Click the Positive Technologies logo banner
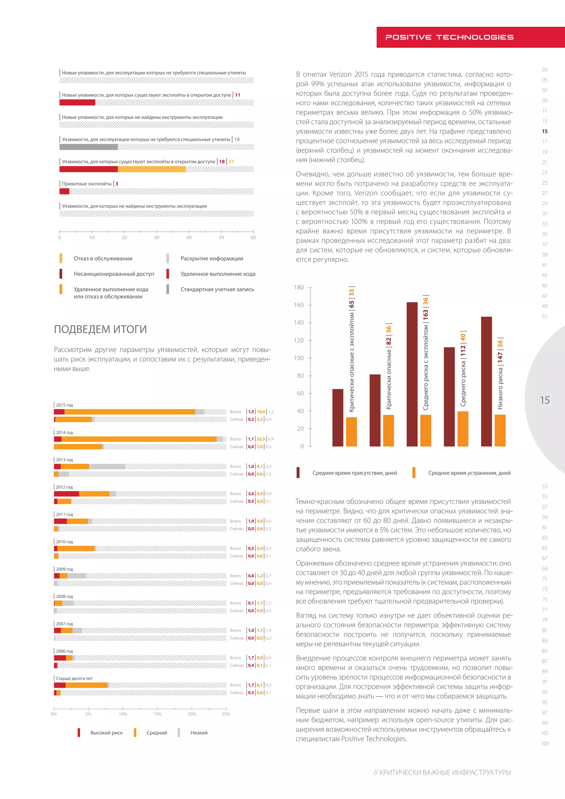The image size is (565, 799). tap(449, 37)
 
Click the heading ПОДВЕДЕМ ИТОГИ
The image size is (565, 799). tap(100, 329)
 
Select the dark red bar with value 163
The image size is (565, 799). tap(412, 374)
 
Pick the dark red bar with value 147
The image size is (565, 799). tap(486, 381)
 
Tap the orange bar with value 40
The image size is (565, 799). tap(463, 429)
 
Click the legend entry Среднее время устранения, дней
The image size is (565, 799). tap(469, 473)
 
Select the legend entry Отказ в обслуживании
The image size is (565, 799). tap(103, 259)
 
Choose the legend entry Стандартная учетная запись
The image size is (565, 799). tap(217, 289)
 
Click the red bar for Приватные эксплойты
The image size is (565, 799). tap(64, 191)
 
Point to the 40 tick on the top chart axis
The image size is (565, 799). tap(189, 237)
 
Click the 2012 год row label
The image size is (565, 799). tap(64, 487)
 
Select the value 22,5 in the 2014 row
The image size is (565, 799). tap(261, 439)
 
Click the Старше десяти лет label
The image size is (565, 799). tap(74, 678)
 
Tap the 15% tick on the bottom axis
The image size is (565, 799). tap(157, 714)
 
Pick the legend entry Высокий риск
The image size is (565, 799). tap(106, 733)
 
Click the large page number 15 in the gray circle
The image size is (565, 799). tap(545, 400)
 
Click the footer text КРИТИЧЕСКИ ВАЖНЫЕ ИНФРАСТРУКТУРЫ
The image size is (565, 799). tap(445, 773)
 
